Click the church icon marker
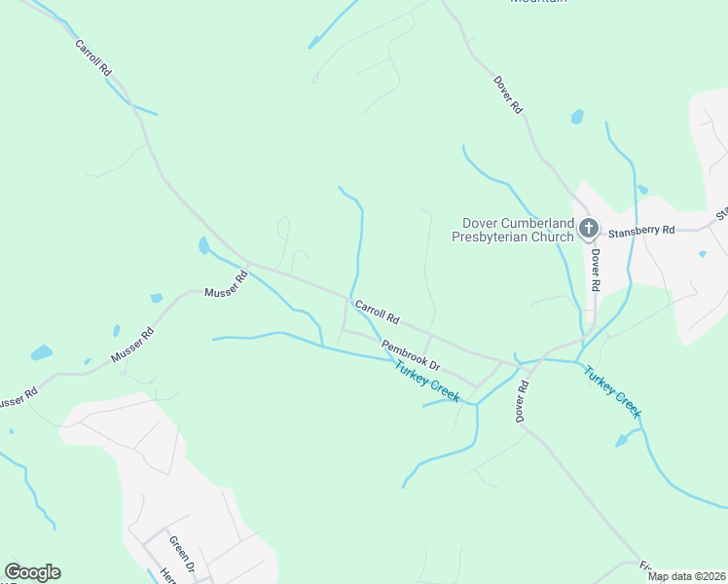(588, 229)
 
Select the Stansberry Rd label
(641, 231)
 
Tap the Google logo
(32, 572)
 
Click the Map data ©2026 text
(685, 576)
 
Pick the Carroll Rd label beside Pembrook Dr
(378, 312)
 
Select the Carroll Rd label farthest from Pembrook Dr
(93, 59)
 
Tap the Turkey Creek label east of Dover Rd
(612, 390)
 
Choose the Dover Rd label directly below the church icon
(595, 270)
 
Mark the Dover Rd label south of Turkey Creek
(523, 399)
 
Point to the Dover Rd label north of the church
(508, 96)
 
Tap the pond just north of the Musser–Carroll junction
(203, 245)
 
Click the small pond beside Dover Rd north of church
(578, 117)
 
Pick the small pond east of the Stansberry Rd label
(703, 254)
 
